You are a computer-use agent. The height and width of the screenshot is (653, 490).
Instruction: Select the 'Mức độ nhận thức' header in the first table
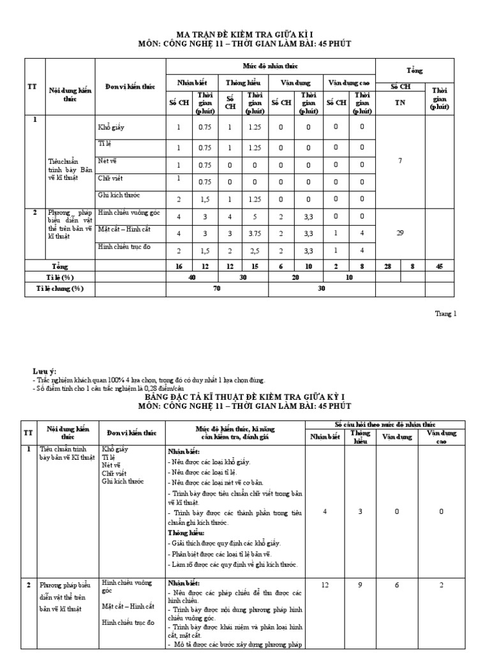(270, 66)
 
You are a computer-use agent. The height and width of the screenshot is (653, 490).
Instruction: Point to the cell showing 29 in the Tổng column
(400, 233)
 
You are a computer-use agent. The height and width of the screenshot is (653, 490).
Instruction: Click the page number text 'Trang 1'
(445, 313)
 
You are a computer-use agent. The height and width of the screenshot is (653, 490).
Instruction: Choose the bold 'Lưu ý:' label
(45, 371)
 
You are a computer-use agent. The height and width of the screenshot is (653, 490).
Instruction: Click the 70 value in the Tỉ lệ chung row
(217, 288)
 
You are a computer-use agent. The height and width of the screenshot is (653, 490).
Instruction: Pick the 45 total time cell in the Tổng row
(440, 265)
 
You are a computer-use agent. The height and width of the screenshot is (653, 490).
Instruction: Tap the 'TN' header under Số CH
(400, 101)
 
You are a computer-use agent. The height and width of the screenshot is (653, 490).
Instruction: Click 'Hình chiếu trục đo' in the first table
(124, 246)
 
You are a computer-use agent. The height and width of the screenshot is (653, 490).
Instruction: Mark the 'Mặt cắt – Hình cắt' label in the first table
(124, 229)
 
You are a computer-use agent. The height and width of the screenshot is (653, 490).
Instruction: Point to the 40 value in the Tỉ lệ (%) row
(191, 277)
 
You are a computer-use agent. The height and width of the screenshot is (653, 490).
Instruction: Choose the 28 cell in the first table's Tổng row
(388, 265)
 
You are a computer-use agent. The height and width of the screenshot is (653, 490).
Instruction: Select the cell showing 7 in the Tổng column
(400, 161)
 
